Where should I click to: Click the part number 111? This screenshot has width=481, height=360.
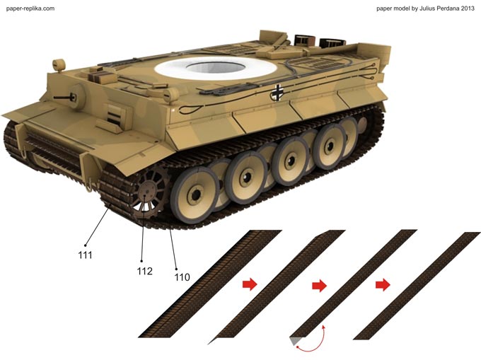coord(85,255)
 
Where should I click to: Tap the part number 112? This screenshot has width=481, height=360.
coord(145,271)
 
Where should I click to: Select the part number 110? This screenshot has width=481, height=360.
coord(182,277)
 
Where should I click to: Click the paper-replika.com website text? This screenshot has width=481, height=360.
coord(30,8)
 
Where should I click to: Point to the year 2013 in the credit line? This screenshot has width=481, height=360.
coord(467,8)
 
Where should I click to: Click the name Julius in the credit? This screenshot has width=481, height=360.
coord(427,8)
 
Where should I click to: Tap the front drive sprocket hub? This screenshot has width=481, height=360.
coord(147,192)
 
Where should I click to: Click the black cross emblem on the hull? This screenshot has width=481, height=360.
coord(277,93)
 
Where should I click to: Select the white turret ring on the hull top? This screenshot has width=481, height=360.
coord(216,69)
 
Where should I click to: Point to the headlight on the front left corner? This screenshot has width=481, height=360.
coord(59,65)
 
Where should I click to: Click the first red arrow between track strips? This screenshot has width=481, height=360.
coord(250,284)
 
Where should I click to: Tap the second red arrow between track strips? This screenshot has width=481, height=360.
coord(319,286)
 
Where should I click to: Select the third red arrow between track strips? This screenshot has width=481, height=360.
coord(383,285)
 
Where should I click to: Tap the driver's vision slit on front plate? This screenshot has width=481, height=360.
coord(114,117)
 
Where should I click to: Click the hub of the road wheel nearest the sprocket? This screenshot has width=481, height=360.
coord(195,194)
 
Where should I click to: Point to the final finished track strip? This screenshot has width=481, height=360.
coord(417,286)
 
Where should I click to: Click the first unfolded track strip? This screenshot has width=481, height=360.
coord(210,284)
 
